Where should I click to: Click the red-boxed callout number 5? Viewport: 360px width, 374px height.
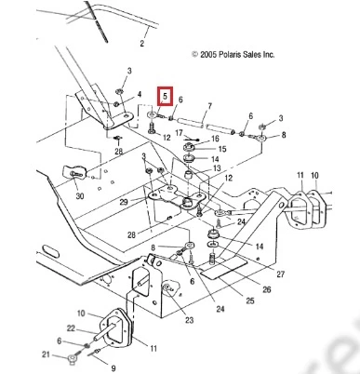pos(165,96)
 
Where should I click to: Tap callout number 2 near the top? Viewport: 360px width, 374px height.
pos(142,43)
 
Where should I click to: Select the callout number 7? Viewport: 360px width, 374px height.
pos(209,106)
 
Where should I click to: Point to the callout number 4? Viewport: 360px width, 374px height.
pos(140,94)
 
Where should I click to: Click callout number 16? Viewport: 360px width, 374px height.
pos(215,139)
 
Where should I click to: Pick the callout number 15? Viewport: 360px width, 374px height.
pos(222,149)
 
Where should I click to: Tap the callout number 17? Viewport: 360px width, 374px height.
pos(180,133)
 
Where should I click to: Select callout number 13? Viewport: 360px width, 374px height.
pos(217,168)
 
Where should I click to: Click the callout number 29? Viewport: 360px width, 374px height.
pos(124,202)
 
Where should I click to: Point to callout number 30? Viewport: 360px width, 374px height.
pos(80,196)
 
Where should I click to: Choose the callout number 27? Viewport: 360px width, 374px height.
pos(280,274)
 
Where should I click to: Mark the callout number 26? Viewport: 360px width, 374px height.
pos(267,289)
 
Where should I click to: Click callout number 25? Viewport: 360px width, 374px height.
pos(250,301)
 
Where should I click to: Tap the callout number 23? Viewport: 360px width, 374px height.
pos(189,320)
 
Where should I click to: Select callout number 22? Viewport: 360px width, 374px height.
pos(71,327)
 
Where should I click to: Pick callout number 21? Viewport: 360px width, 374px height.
pos(46,354)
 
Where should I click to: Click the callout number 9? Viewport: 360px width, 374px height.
pos(113,368)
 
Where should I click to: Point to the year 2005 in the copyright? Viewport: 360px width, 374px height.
pos(208,55)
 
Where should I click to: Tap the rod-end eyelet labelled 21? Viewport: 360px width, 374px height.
pos(73,360)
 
